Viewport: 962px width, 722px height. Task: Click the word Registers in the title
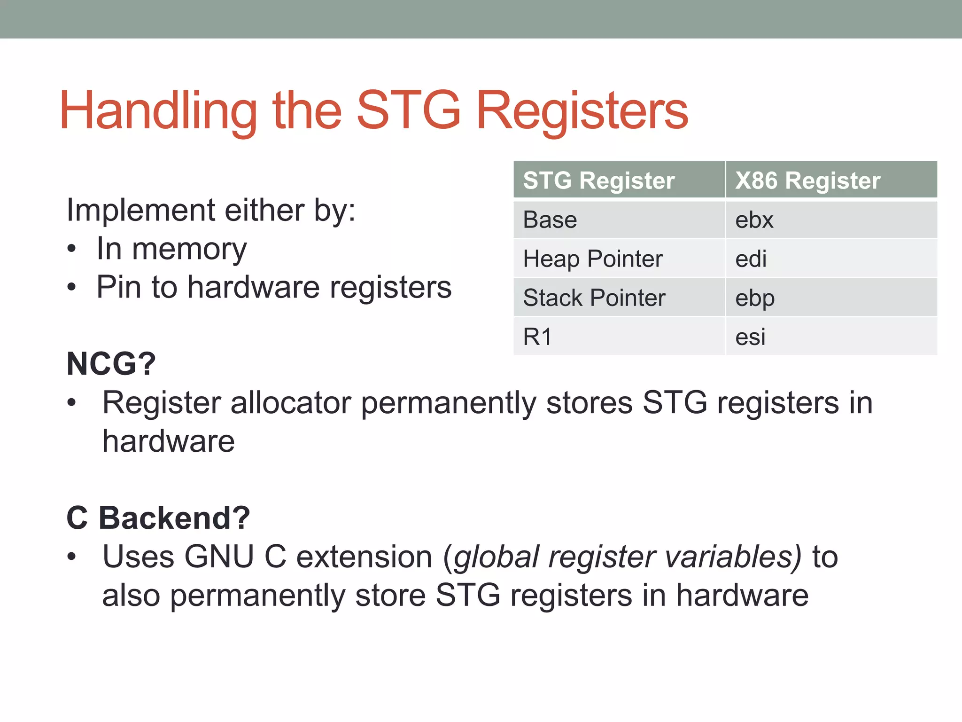tap(582, 111)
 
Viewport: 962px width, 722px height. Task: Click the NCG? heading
tap(111, 364)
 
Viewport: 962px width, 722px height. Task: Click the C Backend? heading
tap(158, 518)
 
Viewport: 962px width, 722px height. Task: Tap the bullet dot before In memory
tap(71, 249)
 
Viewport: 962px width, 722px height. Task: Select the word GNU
tap(219, 557)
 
